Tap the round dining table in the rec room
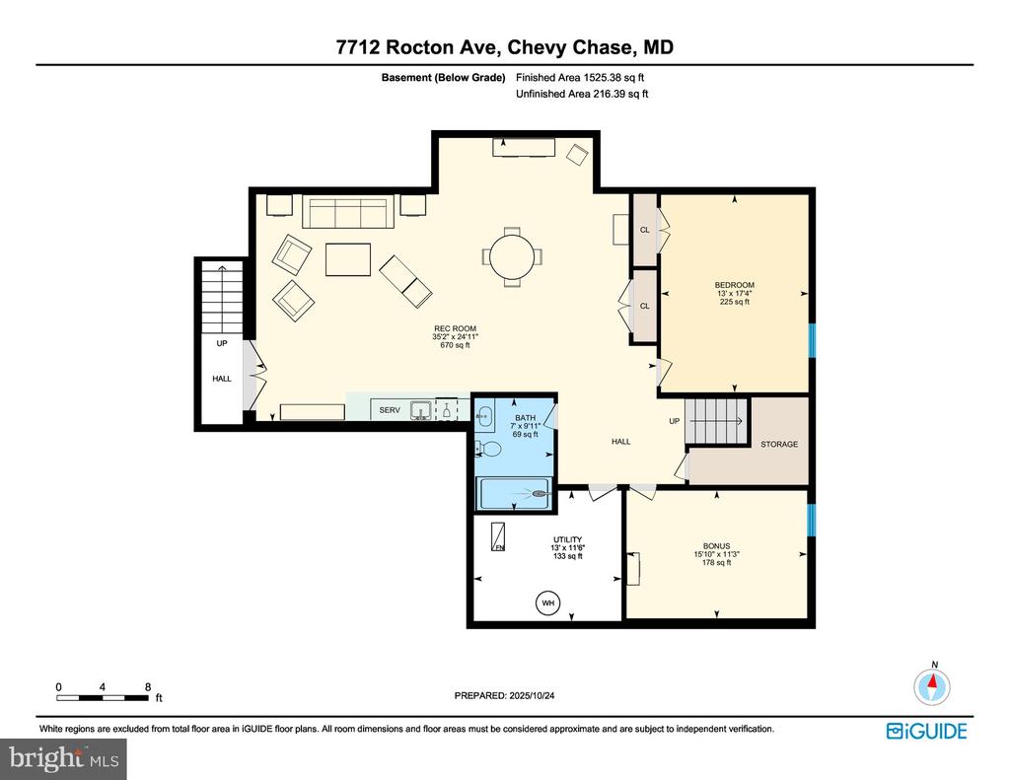pyautogui.click(x=511, y=255)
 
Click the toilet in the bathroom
pyautogui.click(x=490, y=450)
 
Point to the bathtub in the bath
pyautogui.click(x=515, y=493)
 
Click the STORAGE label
pyautogui.click(x=779, y=445)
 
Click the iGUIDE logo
pyautogui.click(x=926, y=731)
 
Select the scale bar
pyautogui.click(x=104, y=698)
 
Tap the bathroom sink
pyautogui.click(x=486, y=415)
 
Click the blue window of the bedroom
pyautogui.click(x=812, y=340)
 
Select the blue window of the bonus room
pyautogui.click(x=812, y=521)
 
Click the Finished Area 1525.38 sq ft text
pyautogui.click(x=581, y=77)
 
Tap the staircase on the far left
pyautogui.click(x=222, y=300)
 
